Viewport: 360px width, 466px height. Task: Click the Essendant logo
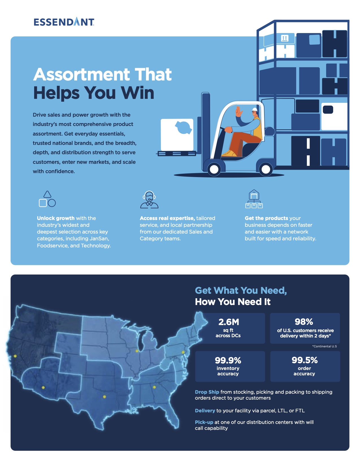64,22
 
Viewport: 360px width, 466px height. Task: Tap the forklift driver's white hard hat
255,110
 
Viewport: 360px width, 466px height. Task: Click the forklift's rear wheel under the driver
266,169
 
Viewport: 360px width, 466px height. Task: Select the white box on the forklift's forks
177,134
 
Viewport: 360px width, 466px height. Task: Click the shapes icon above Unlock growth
47,199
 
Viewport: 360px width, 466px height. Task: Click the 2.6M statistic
229,322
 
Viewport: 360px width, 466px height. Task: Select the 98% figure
304,322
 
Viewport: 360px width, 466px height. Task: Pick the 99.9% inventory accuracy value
228,360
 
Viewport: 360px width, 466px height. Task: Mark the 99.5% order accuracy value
304,360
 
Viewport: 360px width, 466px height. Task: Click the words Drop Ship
207,392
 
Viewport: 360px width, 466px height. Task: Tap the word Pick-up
204,422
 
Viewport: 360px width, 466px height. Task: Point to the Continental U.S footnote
324,346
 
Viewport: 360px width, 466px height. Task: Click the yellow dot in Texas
104,397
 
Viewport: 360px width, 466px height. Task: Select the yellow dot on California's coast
15,356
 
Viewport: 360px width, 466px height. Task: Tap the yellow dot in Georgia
154,387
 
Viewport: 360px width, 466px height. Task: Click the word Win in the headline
138,93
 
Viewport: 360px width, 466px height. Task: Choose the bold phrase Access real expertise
167,218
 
